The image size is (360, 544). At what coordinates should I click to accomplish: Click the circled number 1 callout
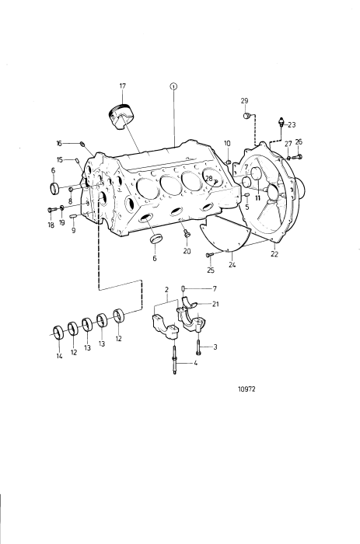[173, 86]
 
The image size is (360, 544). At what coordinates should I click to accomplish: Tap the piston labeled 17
[121, 117]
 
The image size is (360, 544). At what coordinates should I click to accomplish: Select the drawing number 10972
[246, 389]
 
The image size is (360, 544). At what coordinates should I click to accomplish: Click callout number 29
[244, 101]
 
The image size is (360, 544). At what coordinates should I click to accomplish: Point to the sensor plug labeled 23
[281, 122]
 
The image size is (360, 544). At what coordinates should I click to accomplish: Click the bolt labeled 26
[298, 157]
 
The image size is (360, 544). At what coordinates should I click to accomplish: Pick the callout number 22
[274, 254]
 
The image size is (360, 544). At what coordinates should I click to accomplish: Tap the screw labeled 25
[209, 255]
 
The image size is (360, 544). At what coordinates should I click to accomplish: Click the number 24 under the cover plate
[232, 265]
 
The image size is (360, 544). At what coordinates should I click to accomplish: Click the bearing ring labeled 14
[58, 333]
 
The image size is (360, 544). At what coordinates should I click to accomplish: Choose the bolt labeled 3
[198, 347]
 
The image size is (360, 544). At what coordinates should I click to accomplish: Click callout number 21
[215, 304]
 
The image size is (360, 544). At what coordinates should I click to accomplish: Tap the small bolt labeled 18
[51, 210]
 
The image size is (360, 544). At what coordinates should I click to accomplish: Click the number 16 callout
[58, 143]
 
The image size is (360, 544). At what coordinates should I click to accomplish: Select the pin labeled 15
[78, 160]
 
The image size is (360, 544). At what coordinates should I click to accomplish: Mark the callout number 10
[227, 143]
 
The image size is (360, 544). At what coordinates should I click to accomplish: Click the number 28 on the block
[208, 178]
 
